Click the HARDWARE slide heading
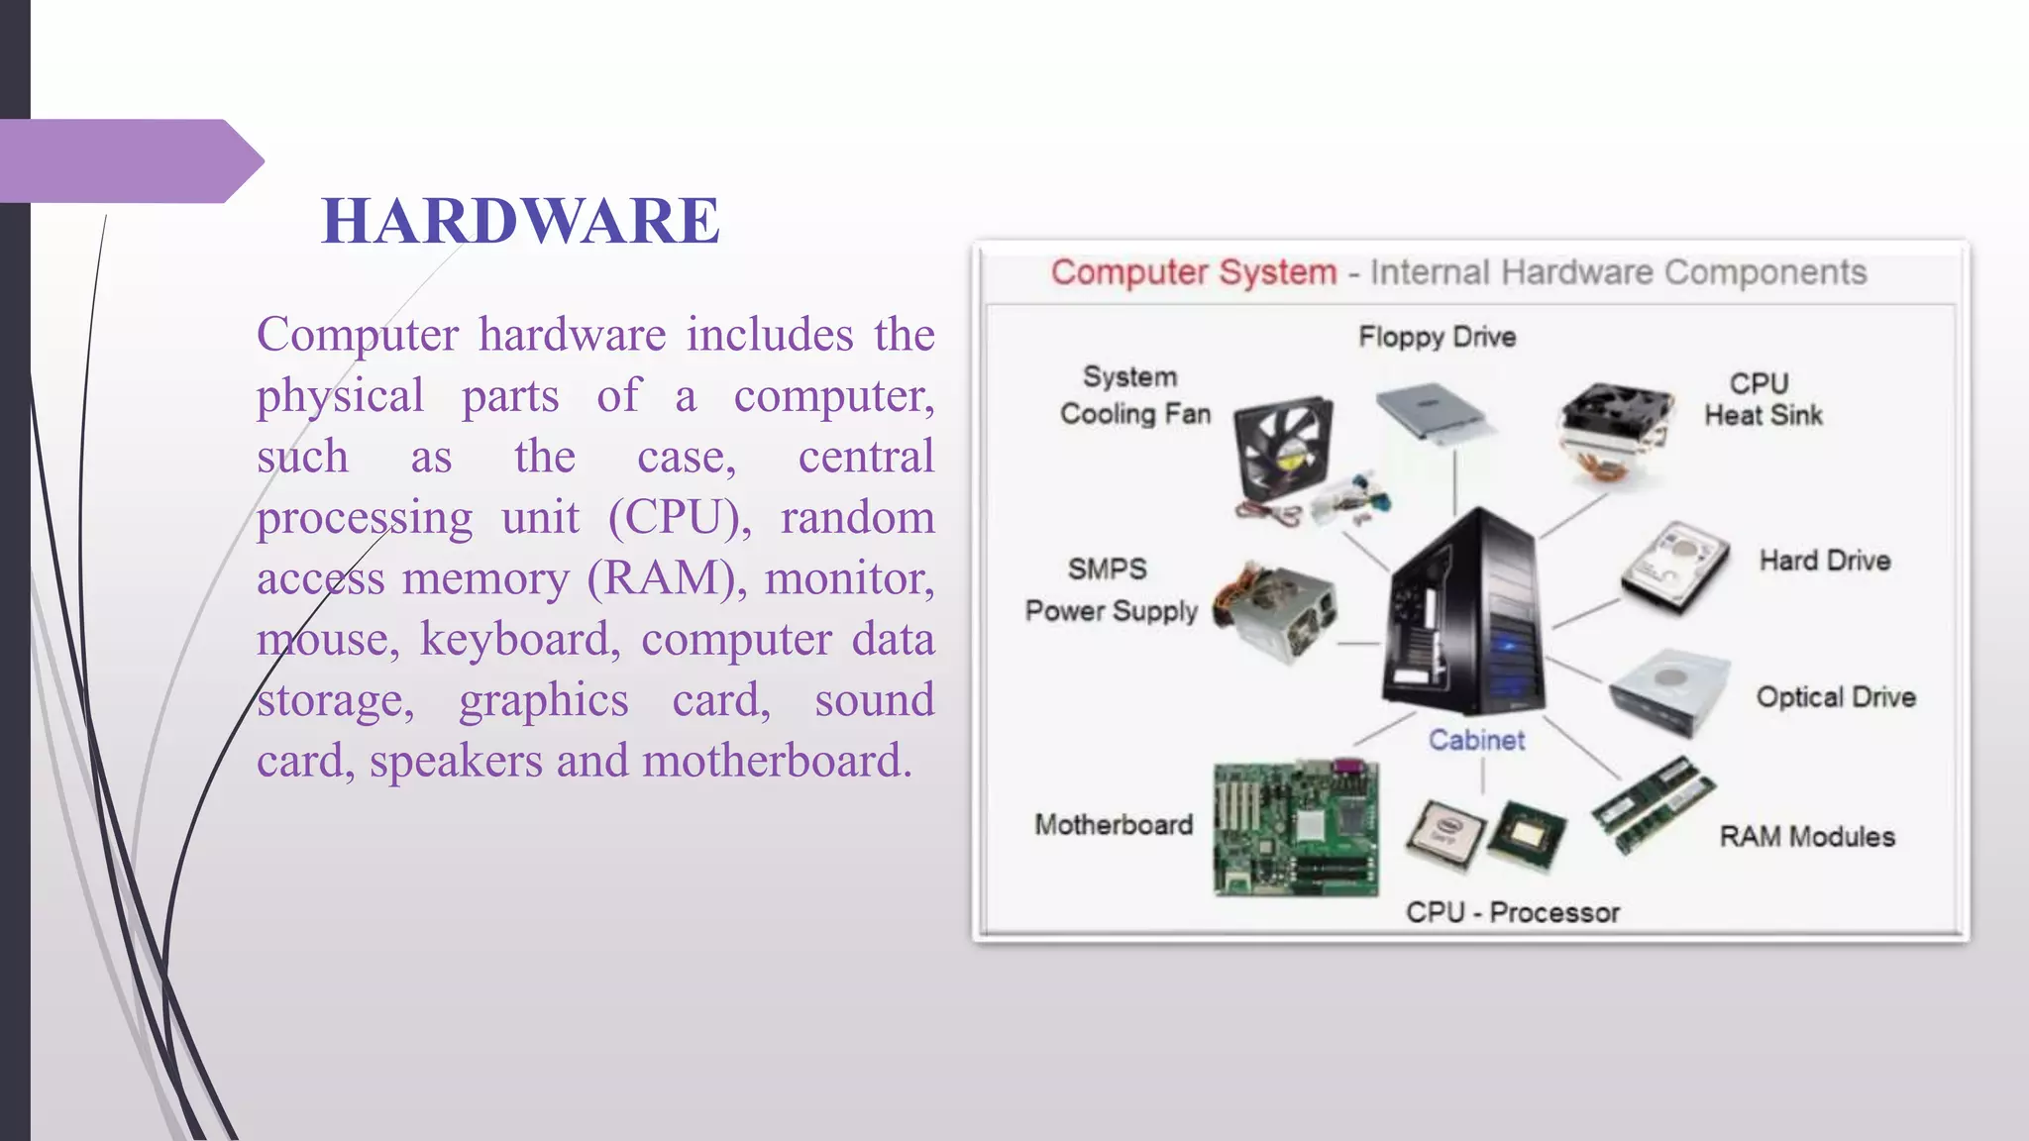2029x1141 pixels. pos(520,220)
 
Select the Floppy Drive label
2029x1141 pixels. pos(1437,337)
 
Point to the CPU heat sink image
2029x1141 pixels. pos(1615,431)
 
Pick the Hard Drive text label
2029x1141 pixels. pos(1825,561)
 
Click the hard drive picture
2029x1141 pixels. pos(1674,567)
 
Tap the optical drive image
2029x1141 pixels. pos(1669,691)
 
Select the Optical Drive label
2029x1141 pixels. pos(1836,697)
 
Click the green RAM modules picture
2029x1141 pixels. pos(1653,804)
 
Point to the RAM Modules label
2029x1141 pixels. pos(1807,837)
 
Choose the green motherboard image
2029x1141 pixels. pos(1296,828)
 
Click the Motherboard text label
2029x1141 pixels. pos(1114,825)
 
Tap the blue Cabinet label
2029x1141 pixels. pos(1476,740)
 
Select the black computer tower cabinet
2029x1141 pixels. pos(1466,614)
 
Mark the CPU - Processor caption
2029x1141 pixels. pos(1513,912)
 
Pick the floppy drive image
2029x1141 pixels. pos(1433,411)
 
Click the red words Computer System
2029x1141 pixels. pos(1194,272)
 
